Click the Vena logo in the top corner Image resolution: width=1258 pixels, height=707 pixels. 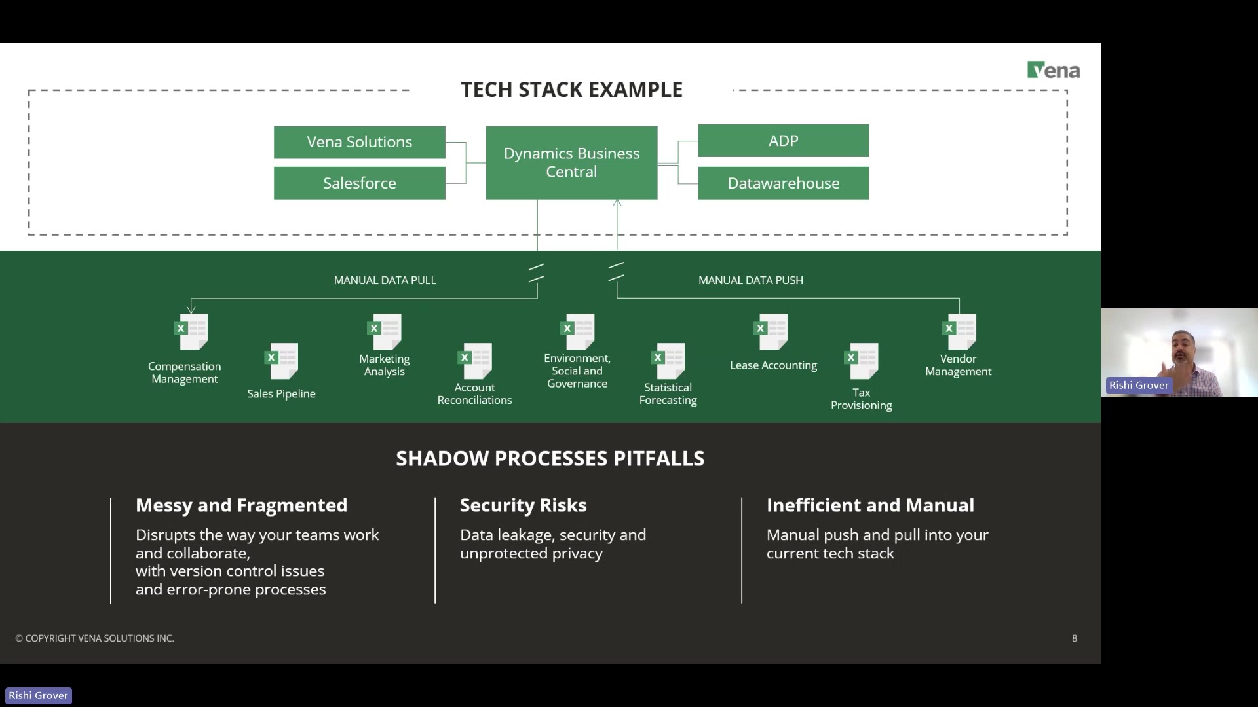coord(1053,70)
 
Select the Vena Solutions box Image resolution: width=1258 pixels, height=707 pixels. coord(359,142)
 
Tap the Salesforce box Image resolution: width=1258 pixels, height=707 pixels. coord(359,183)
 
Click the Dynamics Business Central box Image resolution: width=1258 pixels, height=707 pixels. coord(571,162)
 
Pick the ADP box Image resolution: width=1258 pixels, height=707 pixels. coord(783,141)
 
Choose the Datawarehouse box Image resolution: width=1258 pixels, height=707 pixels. coord(783,183)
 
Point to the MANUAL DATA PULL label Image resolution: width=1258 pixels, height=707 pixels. coord(385,280)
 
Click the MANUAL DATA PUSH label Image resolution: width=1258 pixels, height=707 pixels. coord(750,280)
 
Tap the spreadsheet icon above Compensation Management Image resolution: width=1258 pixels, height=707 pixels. coord(191,332)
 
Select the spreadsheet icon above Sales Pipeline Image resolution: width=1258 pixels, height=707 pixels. coord(282,361)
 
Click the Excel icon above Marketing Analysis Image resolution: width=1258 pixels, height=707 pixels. coord(385,332)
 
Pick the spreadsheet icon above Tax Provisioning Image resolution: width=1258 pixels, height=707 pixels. coord(862,361)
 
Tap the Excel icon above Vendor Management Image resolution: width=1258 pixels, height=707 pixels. coord(959,332)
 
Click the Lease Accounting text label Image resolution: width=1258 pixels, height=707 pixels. coord(773,365)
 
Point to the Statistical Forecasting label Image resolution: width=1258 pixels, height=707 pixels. coord(668,393)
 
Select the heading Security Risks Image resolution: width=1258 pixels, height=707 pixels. coord(523,505)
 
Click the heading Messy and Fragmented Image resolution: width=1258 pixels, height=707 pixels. coord(241,505)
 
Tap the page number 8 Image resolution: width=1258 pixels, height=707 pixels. coord(1074,638)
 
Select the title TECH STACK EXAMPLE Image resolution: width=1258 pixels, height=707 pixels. coord(571,90)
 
